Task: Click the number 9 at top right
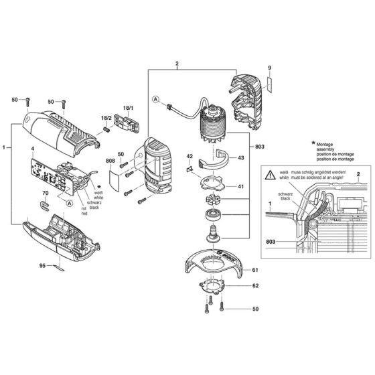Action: click(x=269, y=68)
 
